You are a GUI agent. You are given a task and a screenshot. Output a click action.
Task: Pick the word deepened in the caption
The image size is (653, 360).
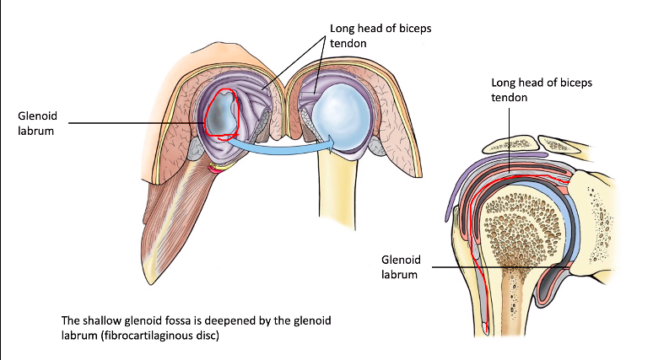click(229, 321)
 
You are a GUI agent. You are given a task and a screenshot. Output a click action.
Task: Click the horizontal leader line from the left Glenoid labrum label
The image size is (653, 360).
click(135, 124)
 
